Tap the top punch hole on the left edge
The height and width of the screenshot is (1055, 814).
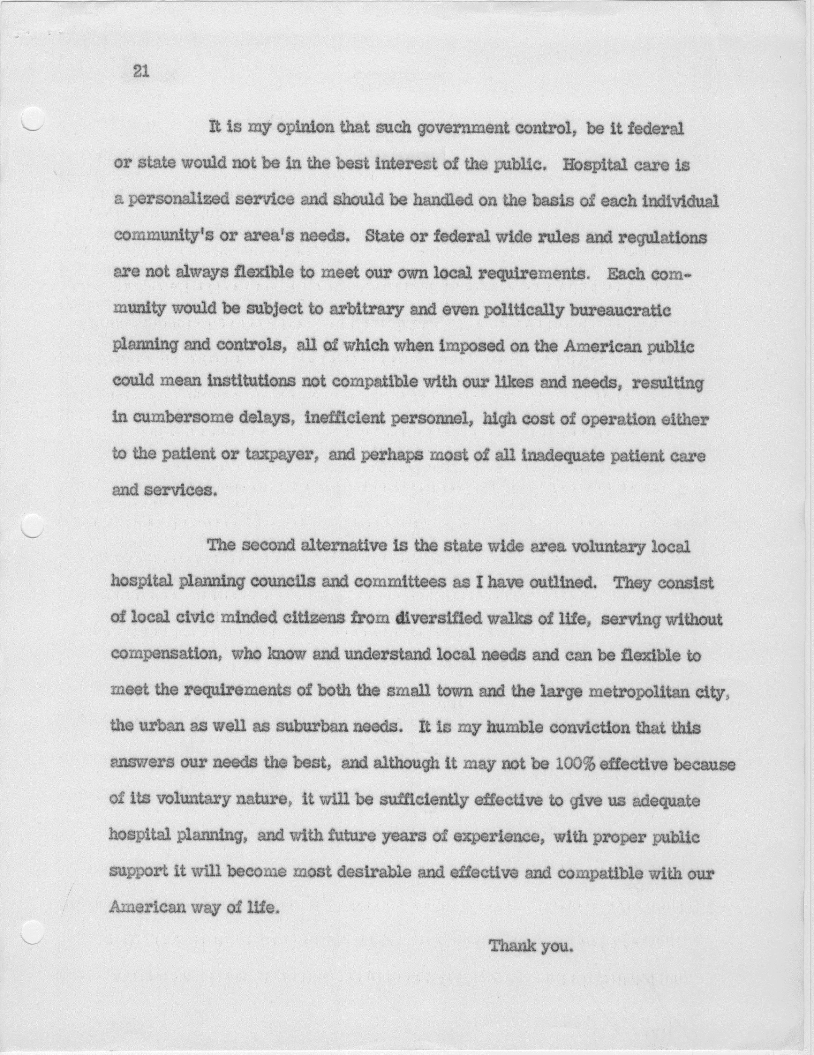33,118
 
